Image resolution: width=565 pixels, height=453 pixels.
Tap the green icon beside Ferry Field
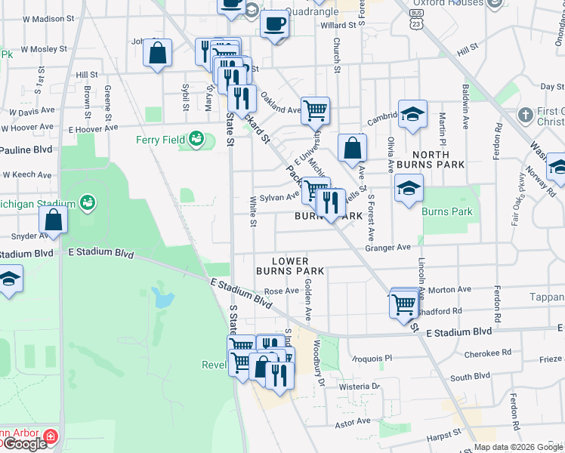coord(196,139)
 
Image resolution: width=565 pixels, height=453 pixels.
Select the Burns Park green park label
coord(447,211)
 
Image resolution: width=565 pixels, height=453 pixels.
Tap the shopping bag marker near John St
coord(157,54)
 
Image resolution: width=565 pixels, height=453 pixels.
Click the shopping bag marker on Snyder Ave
coord(53,220)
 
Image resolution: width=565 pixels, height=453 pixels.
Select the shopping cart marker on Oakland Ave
coord(315,110)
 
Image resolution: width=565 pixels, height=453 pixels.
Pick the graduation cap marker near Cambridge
coord(412,115)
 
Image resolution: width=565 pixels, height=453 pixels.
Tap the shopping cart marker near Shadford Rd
coord(406,304)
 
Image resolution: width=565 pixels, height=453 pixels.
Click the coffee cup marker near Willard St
coord(274,23)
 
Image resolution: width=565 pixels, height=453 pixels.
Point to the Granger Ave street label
coord(387,247)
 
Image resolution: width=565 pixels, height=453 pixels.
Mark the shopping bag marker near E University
coord(352,148)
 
